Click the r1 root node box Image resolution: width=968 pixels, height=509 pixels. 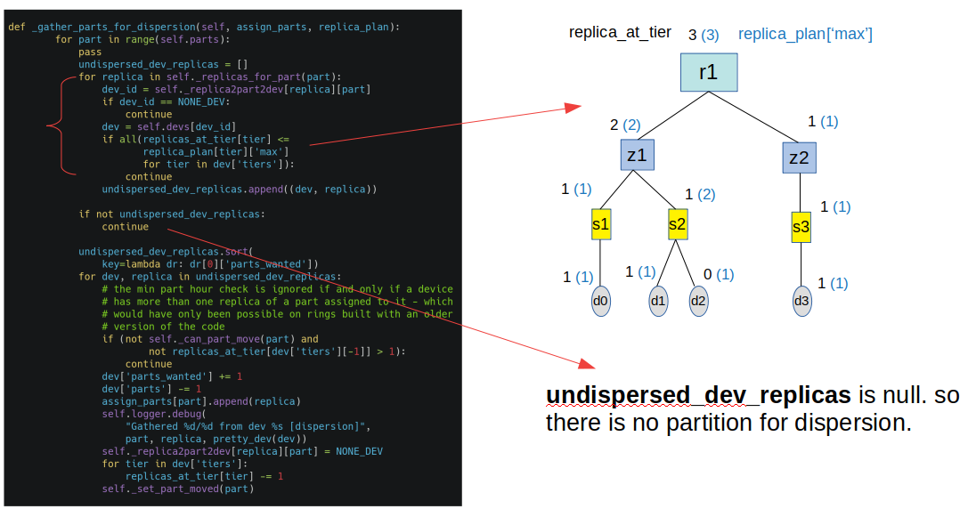708,72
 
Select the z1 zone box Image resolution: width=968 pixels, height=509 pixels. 637,156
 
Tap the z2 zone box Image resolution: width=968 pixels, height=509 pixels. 799,158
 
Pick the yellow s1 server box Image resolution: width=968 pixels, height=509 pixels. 601,224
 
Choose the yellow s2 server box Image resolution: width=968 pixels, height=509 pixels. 678,224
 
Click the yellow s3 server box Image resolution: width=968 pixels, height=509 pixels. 801,228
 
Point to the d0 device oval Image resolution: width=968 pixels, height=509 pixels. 601,302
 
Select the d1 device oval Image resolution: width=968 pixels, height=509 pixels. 658,301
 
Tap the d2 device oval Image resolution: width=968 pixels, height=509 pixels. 698,301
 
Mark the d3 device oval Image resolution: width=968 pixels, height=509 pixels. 801,301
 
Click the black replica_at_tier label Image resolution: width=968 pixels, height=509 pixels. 620,33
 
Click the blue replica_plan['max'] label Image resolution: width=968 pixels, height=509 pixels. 805,34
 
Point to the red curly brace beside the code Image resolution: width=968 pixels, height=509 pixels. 55,125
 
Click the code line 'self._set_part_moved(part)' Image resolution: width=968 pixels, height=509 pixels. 177,489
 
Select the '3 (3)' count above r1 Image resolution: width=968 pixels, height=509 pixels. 704,35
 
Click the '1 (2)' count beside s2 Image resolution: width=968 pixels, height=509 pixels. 700,193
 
